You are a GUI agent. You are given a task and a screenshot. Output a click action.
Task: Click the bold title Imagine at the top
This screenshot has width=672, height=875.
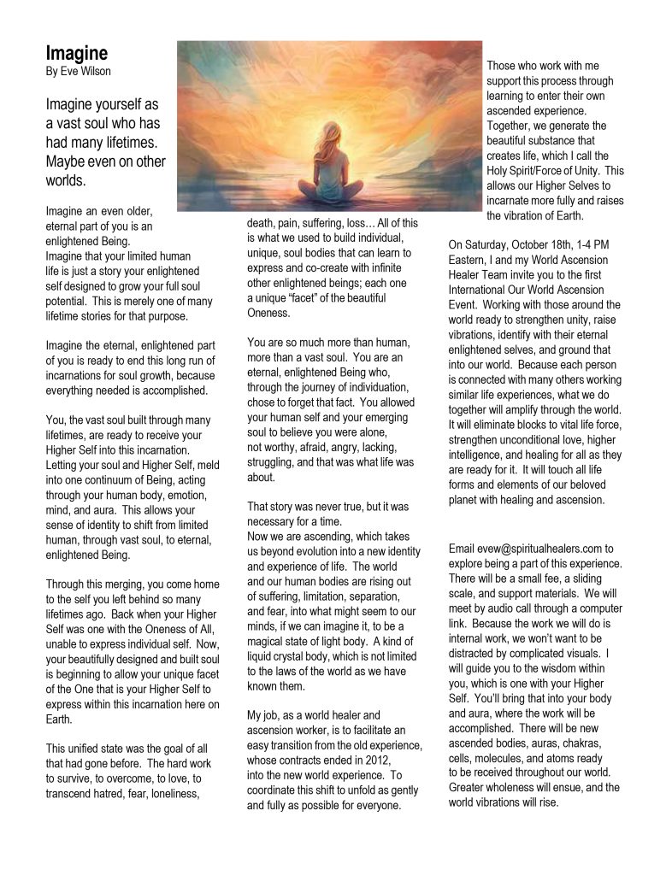coord(77,54)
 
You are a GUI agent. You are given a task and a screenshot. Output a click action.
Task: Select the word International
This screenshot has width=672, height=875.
coord(489,291)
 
